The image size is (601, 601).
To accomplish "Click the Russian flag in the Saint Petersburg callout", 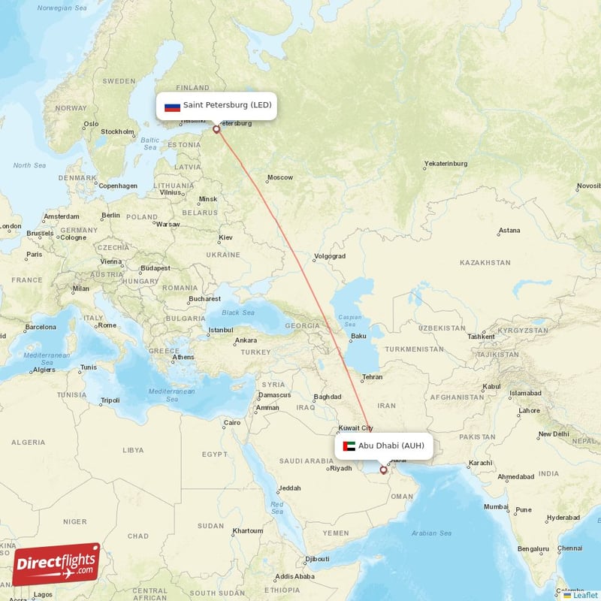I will pos(173,106).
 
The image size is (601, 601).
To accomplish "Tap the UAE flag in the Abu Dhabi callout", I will pos(349,446).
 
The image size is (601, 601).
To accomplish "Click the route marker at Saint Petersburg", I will pos(217,129).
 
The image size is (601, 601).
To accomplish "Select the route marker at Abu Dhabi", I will pos(384,470).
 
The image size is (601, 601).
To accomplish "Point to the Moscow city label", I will pos(280,178).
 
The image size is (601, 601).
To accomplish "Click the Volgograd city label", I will pos(329,256).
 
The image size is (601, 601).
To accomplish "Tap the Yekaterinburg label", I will pos(445,164).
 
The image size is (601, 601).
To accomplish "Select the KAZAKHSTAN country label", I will pos(485,263).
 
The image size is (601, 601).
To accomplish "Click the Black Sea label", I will pos(238,313).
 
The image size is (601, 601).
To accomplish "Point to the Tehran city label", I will pos(372,377).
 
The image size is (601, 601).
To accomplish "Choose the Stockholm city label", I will pos(117,132).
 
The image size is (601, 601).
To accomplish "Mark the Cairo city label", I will pos(232,423).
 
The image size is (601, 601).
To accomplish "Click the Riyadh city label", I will pos(340,469).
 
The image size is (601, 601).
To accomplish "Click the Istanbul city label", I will pos(221,331).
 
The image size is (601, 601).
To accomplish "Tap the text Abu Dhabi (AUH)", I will pos(391,446).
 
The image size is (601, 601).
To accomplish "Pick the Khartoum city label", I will pos(247,530).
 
